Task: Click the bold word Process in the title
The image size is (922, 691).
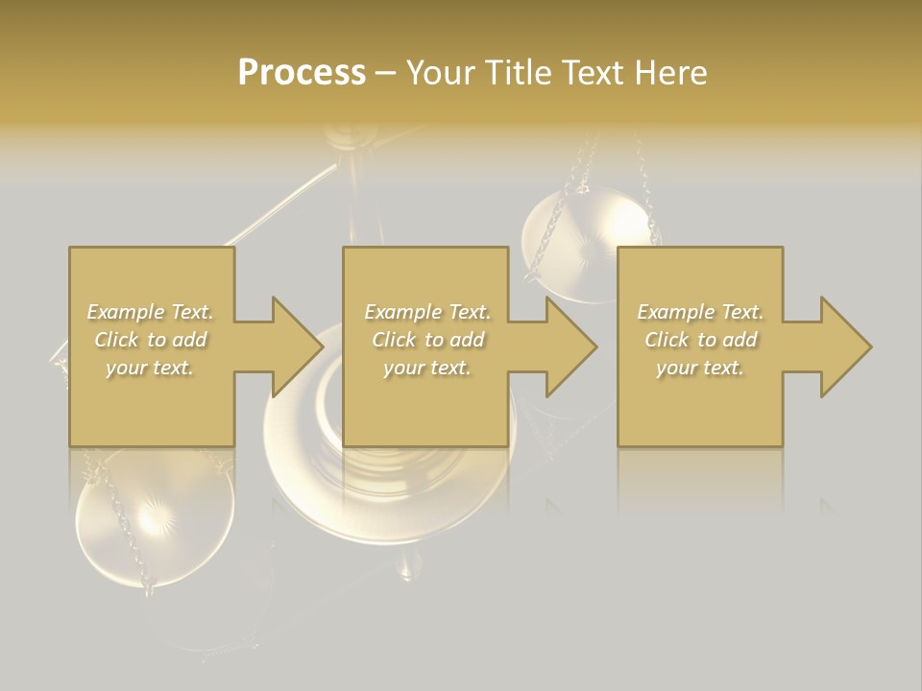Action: [302, 73]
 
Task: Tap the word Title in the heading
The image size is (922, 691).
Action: [518, 73]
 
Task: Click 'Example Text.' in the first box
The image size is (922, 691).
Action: [151, 312]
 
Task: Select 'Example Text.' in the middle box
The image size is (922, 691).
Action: [427, 312]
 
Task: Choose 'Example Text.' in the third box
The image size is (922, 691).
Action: [700, 312]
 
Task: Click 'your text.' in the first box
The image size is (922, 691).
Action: [150, 368]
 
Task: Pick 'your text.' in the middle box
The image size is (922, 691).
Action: [426, 368]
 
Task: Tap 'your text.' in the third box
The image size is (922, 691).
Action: [700, 368]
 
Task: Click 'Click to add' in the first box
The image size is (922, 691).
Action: [151, 340]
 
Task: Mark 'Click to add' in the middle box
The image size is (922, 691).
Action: [427, 340]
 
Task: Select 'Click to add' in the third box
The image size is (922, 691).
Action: [700, 340]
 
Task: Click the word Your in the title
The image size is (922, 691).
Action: [441, 73]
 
